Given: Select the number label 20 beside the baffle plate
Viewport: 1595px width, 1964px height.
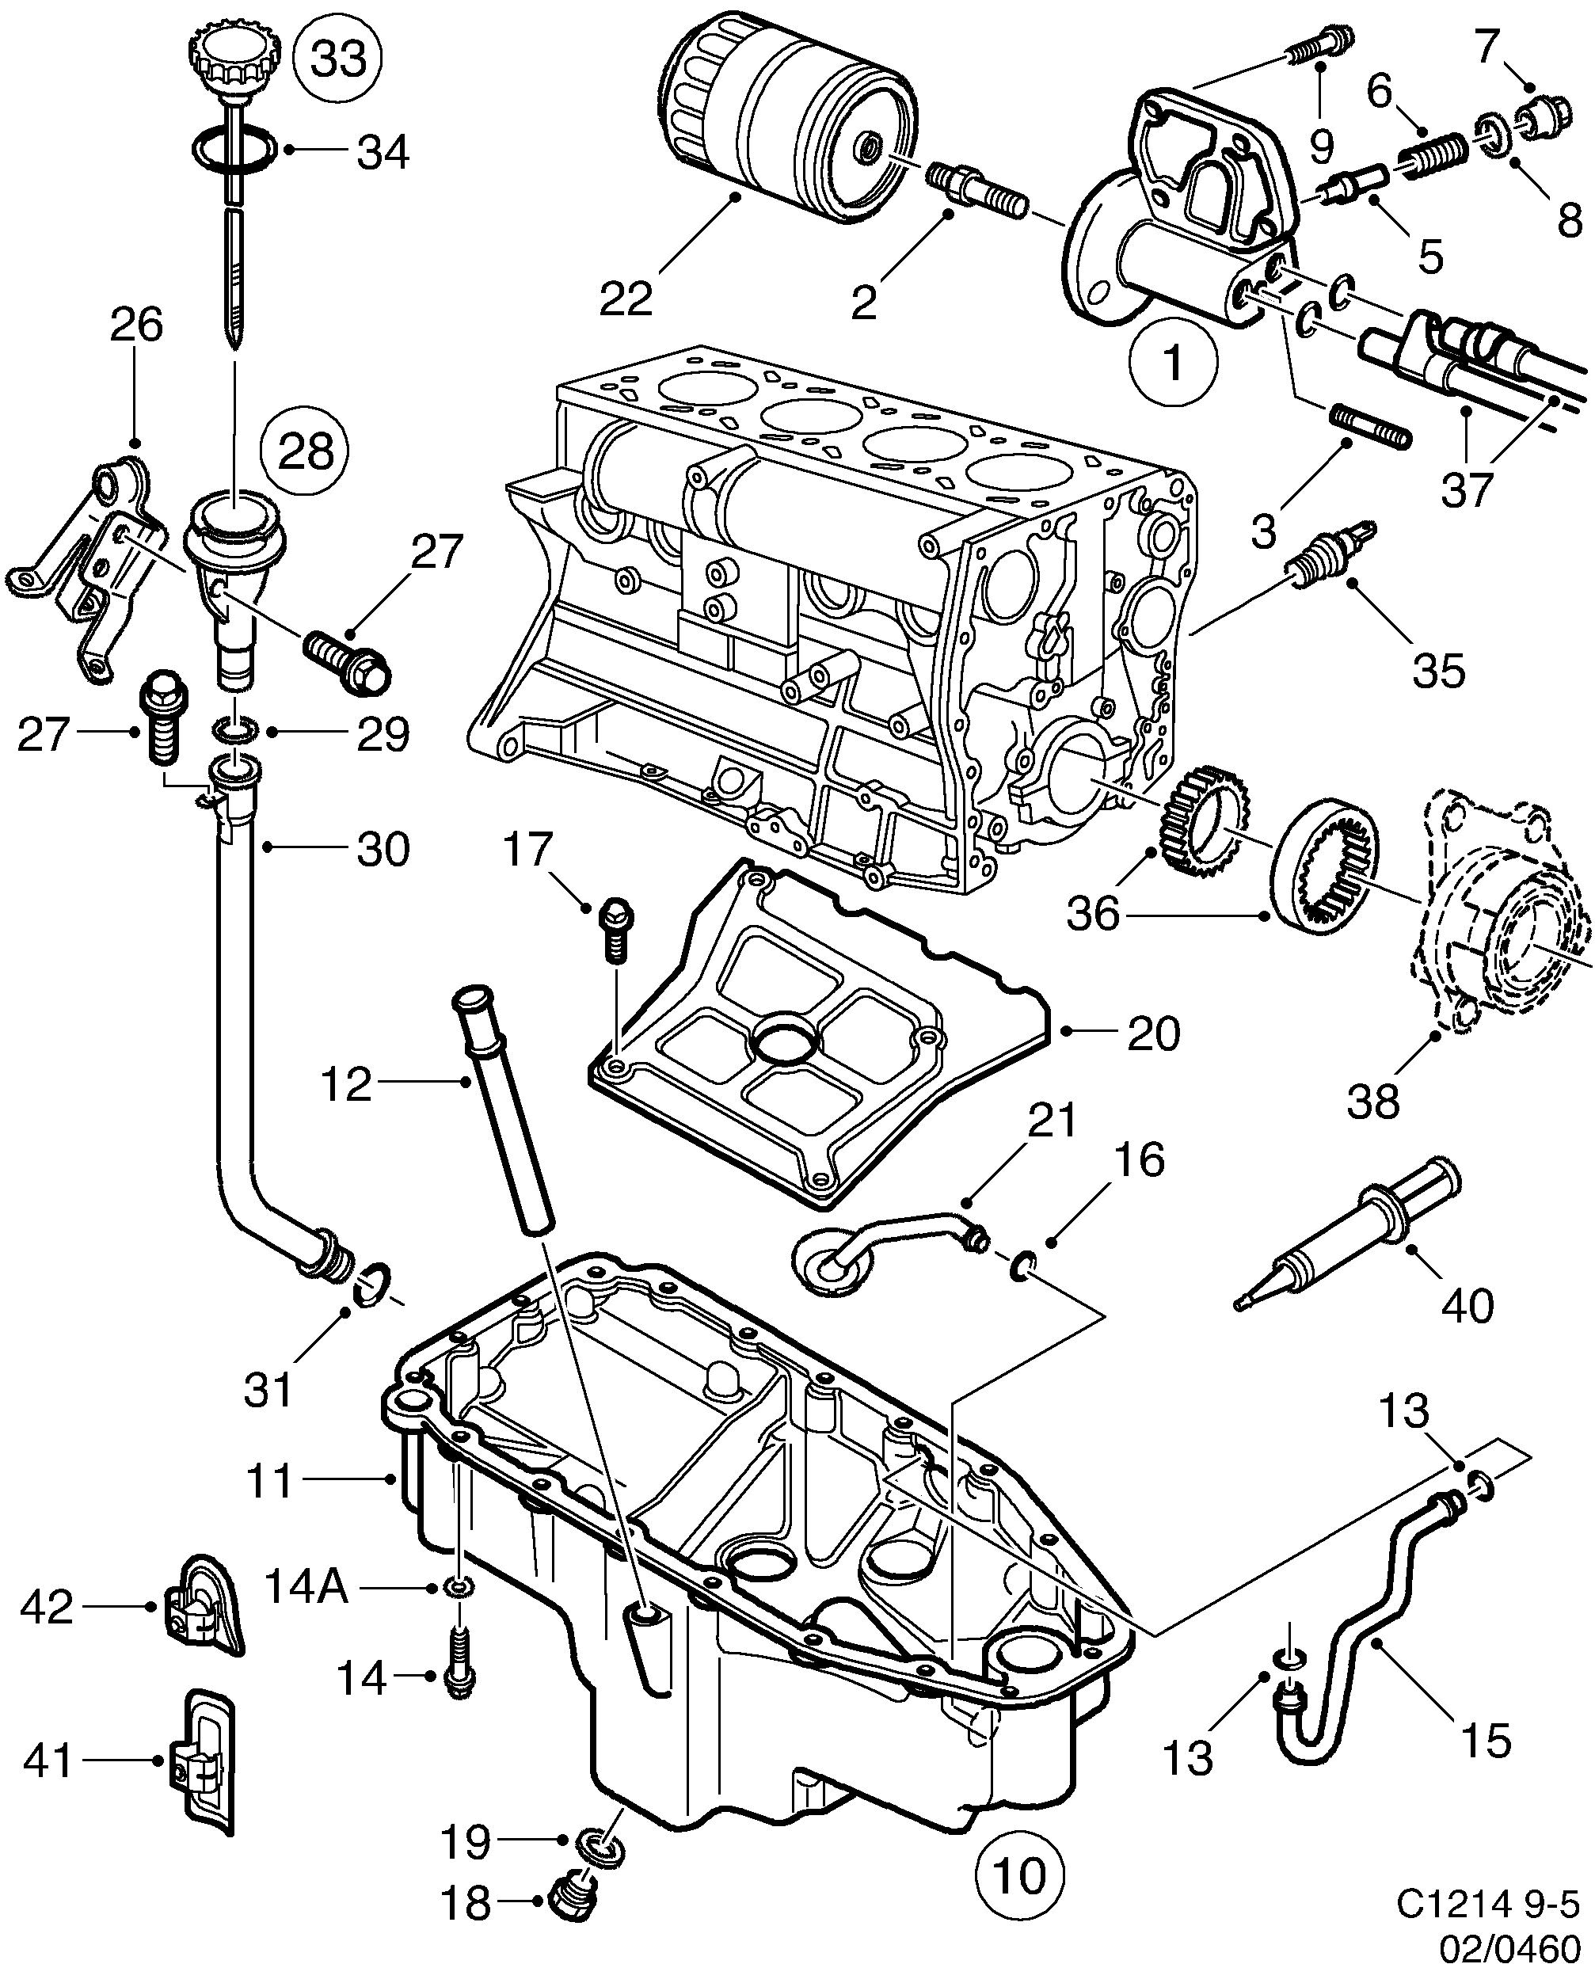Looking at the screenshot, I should point(1153,1033).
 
